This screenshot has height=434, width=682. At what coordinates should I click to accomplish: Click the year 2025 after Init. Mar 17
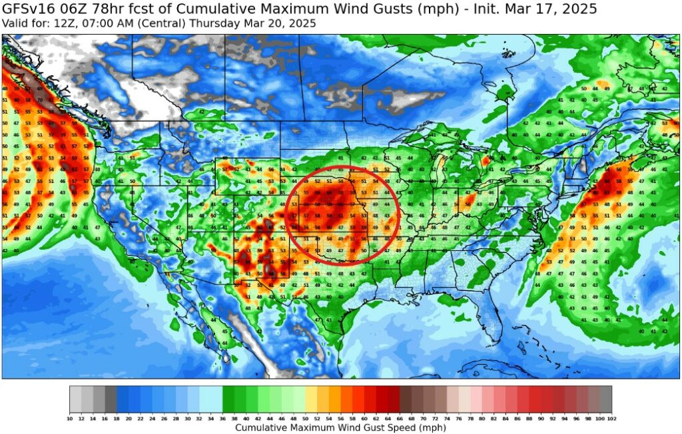pyautogui.click(x=579, y=9)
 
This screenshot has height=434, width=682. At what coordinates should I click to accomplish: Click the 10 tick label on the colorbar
pyautogui.click(x=70, y=418)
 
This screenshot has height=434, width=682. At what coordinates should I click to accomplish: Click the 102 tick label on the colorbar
pyautogui.click(x=611, y=418)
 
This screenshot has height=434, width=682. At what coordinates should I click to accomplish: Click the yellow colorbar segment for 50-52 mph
pyautogui.click(x=311, y=399)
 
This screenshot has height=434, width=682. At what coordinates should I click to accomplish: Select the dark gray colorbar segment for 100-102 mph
pyautogui.click(x=605, y=399)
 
